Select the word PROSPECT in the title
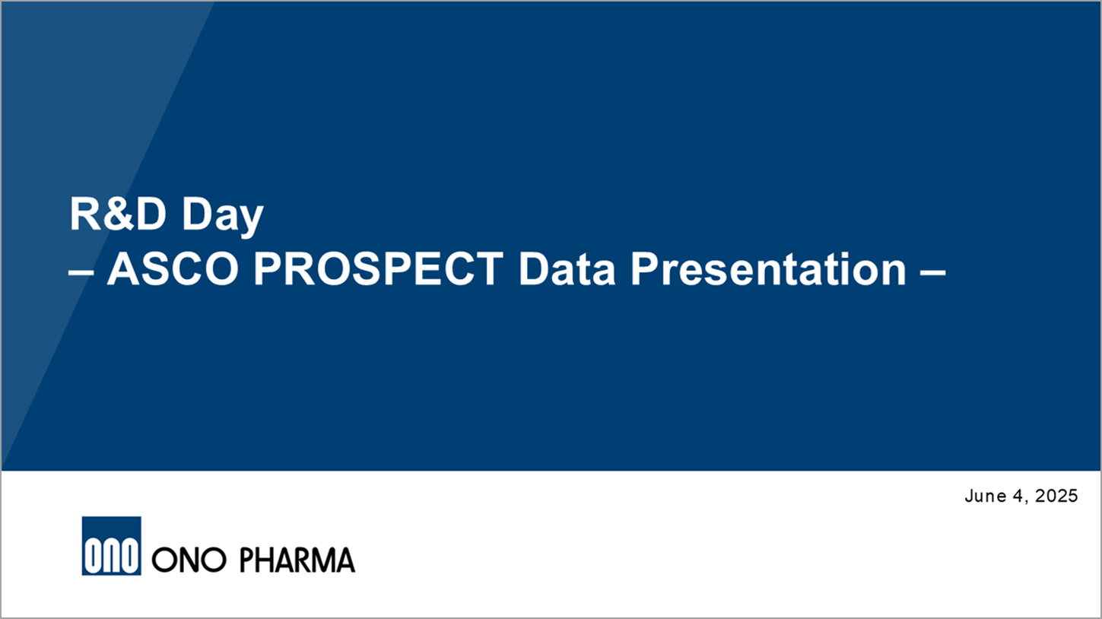coord(378,269)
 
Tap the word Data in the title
coord(567,269)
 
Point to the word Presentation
coord(768,269)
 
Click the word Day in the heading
coord(223,215)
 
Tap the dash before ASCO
coord(81,272)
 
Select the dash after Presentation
coord(932,272)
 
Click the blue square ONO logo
coord(111,546)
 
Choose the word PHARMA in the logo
coord(297,560)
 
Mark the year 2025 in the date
coord(1056,496)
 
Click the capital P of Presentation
coord(645,269)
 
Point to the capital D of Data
coord(534,269)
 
